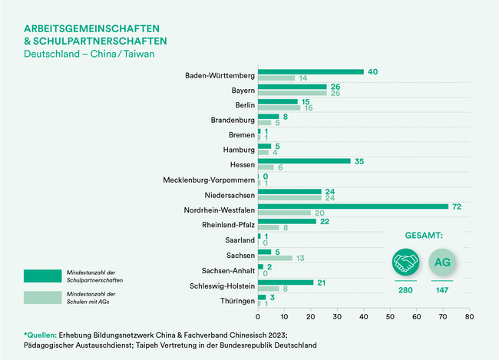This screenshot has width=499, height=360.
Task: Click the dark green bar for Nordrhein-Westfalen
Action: [352, 206]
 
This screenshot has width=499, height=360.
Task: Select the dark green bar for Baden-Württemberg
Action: [310, 72]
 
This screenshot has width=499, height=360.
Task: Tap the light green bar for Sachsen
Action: [275, 258]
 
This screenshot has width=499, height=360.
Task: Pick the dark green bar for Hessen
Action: [303, 161]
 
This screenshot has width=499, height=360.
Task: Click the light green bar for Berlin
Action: [279, 108]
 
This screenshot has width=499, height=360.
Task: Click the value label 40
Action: [374, 72]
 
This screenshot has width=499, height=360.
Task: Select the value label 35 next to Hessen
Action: [360, 161]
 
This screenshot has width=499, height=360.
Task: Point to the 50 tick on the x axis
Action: [390, 315]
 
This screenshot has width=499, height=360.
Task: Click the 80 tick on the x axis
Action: [469, 315]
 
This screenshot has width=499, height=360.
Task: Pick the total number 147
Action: [441, 290]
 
